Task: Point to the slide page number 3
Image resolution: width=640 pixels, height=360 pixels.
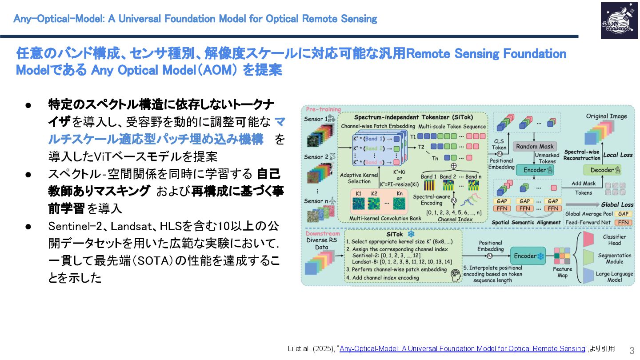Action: tap(632, 350)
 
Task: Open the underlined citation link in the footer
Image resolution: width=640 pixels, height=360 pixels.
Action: tap(462, 348)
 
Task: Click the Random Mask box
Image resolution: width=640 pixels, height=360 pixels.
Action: tap(535, 146)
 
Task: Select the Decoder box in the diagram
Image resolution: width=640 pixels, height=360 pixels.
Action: tap(602, 170)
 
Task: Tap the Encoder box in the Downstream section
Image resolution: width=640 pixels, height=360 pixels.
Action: tap(528, 256)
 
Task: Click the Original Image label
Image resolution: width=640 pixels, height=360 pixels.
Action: tap(606, 116)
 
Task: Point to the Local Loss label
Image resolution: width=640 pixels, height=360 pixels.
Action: tap(618, 155)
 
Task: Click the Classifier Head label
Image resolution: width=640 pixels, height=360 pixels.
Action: tap(614, 240)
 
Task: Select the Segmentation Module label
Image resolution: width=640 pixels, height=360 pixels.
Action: tap(614, 259)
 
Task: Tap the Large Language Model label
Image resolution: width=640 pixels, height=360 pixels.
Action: tap(614, 277)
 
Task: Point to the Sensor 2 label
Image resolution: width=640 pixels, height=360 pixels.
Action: tap(316, 157)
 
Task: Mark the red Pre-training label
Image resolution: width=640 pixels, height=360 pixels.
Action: tap(323, 109)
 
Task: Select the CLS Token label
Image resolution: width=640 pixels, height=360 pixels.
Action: tap(499, 144)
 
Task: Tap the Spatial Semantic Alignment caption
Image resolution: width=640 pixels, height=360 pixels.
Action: tap(526, 222)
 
